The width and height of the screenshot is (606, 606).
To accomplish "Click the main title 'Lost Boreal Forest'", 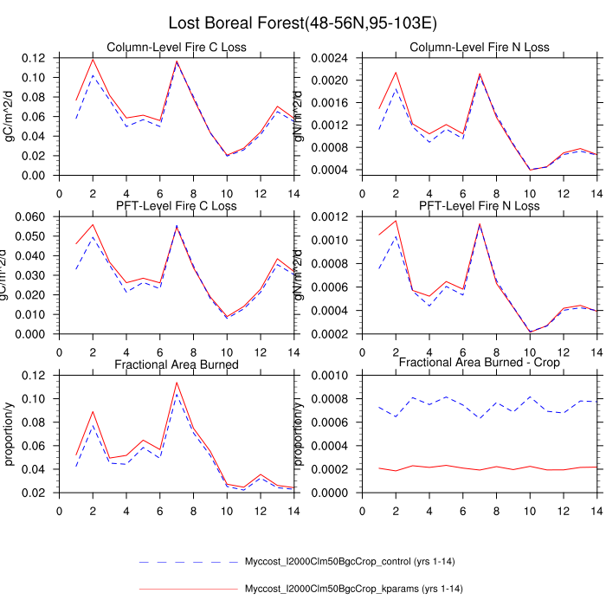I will click(x=303, y=23).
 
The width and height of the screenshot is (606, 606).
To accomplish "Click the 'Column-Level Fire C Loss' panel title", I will click(x=176, y=47).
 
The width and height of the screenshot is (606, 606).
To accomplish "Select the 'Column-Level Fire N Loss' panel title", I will click(x=479, y=47).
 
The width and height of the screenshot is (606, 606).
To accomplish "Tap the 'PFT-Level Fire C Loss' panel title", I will click(x=176, y=206).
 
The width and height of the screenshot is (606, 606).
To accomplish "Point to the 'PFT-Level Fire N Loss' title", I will click(x=479, y=206).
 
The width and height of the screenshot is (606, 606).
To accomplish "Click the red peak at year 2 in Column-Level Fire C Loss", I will click(x=93, y=60).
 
